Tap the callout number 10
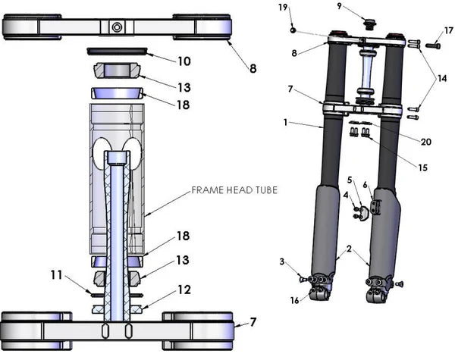tap(184, 61)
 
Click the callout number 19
tap(283, 8)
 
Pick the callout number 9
tap(361, 7)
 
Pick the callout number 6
tap(366, 184)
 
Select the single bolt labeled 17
tap(431, 45)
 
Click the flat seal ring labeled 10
tap(117, 52)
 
